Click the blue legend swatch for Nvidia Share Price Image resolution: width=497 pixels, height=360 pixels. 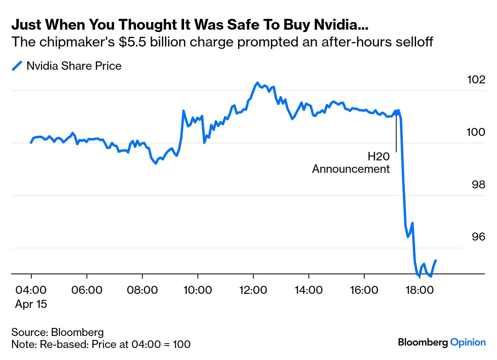point(17,66)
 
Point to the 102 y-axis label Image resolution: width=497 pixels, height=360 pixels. point(476,80)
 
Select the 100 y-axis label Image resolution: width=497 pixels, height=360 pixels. point(476,132)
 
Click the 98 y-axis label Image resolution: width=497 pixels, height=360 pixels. point(477,185)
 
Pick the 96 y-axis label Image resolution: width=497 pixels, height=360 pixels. point(477,237)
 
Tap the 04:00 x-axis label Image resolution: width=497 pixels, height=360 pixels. point(31,290)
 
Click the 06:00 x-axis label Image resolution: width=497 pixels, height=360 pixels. point(87,290)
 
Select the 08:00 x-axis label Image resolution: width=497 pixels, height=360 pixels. point(142,290)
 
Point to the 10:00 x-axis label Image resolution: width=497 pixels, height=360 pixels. point(198,290)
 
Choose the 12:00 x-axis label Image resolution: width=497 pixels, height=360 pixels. point(253,290)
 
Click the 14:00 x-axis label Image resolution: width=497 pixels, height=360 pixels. point(308,290)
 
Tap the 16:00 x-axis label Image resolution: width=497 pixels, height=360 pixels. point(364,290)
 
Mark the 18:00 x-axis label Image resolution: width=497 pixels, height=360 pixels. point(419,290)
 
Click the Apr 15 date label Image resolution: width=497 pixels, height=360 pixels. point(31,304)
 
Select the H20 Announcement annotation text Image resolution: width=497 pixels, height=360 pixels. point(351,163)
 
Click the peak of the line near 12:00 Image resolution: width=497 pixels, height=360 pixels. point(257,83)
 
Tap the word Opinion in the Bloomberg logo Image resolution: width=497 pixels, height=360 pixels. point(468,342)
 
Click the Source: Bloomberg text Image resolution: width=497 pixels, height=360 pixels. point(57,332)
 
